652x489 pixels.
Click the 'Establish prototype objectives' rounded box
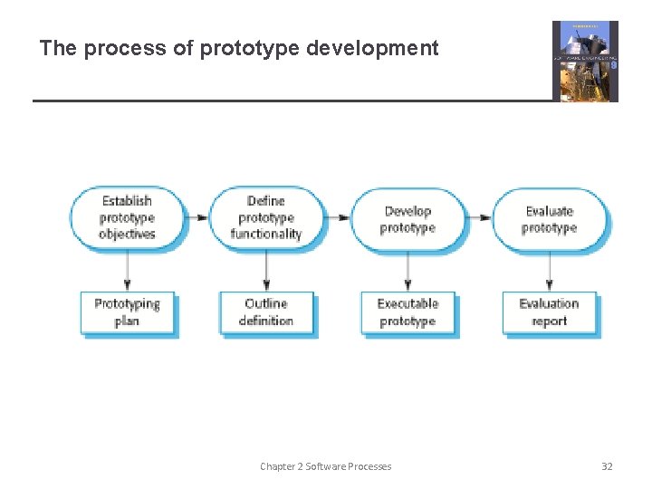click(127, 218)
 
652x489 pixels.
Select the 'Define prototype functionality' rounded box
click(265, 218)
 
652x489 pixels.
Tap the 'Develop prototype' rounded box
click(407, 219)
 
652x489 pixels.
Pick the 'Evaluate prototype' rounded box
click(549, 219)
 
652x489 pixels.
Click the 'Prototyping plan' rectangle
click(127, 312)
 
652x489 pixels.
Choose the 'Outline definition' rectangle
click(265, 312)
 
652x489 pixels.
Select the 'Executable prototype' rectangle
click(407, 312)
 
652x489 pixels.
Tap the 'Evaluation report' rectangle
click(549, 312)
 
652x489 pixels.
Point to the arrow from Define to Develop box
click(337, 218)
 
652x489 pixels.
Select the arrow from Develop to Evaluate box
click(478, 218)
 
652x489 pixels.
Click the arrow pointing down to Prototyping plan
click(127, 269)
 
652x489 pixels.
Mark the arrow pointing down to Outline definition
click(265, 269)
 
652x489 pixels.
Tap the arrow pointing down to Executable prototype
click(407, 269)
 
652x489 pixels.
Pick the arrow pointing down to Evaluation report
click(549, 269)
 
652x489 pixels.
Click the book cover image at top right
click(585, 61)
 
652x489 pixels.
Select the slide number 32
click(607, 466)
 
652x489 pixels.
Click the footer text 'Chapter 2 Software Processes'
click(326, 466)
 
